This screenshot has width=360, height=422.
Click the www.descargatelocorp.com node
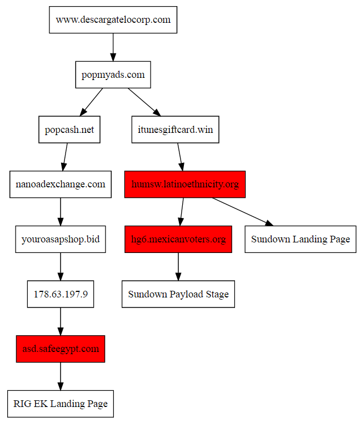tap(113, 20)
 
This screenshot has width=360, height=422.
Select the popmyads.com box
tap(113, 75)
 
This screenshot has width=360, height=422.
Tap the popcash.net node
tap(69, 130)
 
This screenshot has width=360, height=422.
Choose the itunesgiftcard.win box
tap(175, 130)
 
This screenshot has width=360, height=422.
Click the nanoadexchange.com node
tap(61, 184)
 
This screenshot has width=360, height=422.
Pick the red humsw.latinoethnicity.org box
tap(185, 184)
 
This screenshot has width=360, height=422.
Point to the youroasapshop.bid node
tap(61, 239)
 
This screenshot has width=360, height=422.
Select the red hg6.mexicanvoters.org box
tap(178, 239)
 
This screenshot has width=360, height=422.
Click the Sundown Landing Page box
tap(301, 239)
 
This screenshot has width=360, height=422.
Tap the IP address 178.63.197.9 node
tap(61, 294)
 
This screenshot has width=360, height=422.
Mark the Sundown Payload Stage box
tap(178, 294)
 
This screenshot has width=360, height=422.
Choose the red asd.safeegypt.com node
tap(61, 349)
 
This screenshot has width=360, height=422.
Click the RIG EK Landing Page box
tap(61, 404)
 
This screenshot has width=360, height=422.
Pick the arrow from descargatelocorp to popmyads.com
tap(113, 47)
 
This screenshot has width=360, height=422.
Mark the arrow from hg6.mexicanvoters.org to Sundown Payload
tap(178, 266)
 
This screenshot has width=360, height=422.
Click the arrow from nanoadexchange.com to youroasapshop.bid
tap(61, 212)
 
